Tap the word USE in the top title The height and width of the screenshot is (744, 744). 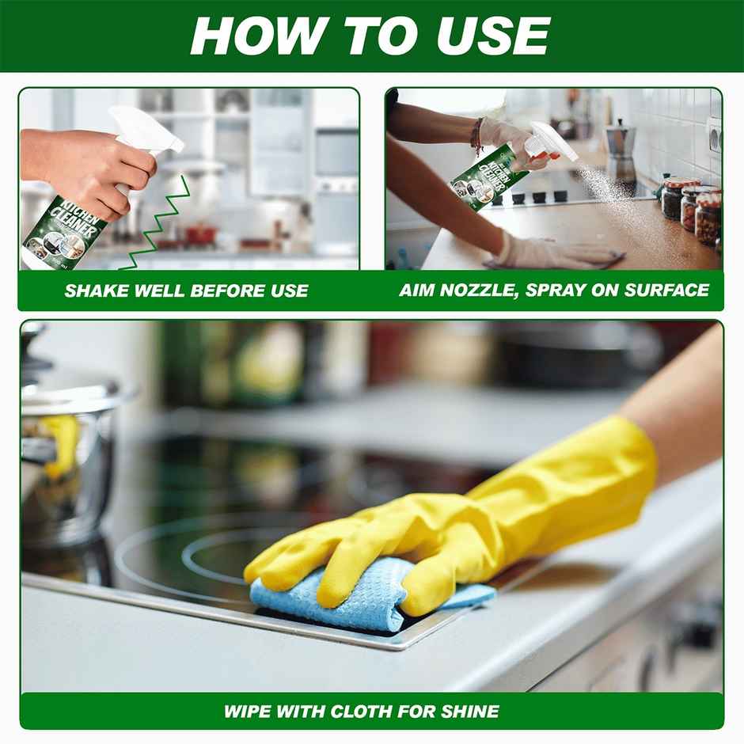(x=491, y=36)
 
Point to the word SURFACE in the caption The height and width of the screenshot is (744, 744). (x=669, y=290)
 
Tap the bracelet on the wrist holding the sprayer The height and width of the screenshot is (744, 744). (x=476, y=136)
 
